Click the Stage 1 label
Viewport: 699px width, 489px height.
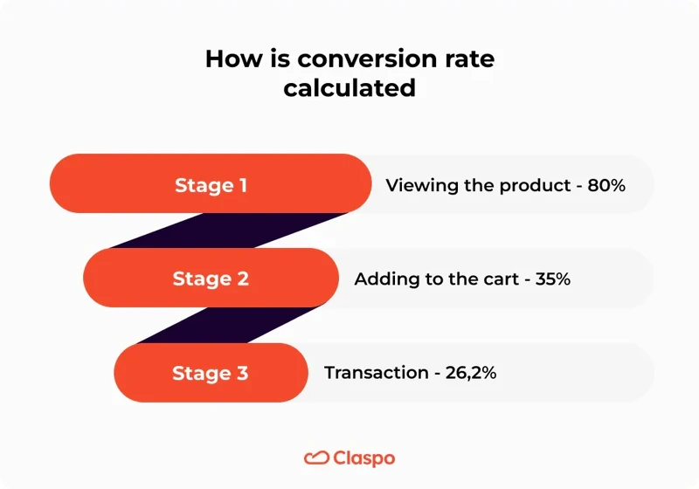click(211, 185)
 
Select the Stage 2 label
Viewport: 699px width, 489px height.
click(211, 279)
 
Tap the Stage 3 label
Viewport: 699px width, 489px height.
click(211, 373)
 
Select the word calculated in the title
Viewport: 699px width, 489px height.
click(349, 88)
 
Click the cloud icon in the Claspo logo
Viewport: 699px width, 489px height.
click(315, 458)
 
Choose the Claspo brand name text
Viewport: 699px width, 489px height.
click(363, 458)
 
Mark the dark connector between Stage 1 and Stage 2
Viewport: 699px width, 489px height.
click(227, 231)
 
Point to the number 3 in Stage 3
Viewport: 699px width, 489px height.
click(242, 373)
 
